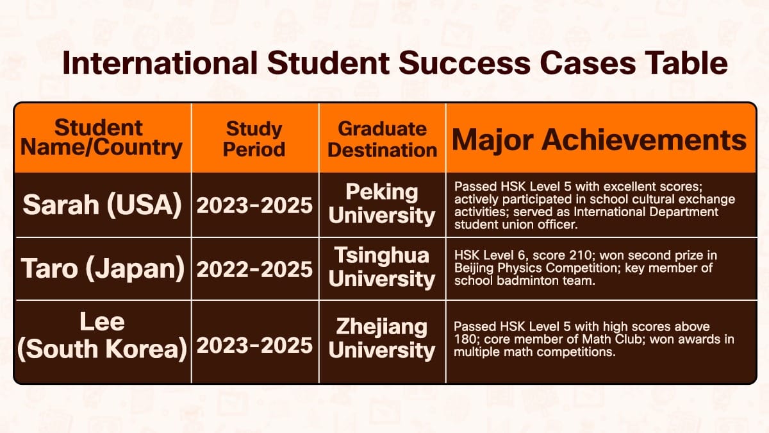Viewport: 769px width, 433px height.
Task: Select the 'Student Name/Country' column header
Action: click(x=102, y=137)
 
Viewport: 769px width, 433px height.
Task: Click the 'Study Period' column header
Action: click(x=254, y=139)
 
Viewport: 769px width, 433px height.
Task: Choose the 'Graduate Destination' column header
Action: click(x=383, y=139)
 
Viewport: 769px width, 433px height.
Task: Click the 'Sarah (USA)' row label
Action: click(x=102, y=205)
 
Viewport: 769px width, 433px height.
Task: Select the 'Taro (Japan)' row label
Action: click(x=102, y=269)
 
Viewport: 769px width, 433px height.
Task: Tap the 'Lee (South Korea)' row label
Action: click(x=102, y=335)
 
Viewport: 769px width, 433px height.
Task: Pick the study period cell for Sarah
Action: click(x=254, y=205)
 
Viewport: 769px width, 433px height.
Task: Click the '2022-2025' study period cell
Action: click(x=254, y=269)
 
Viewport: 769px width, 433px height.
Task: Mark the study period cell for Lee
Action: click(x=254, y=346)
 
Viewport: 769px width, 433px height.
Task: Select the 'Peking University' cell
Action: click(x=383, y=203)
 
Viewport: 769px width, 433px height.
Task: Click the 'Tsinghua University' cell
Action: click(x=383, y=267)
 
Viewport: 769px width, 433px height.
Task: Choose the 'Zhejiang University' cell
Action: click(x=383, y=338)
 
